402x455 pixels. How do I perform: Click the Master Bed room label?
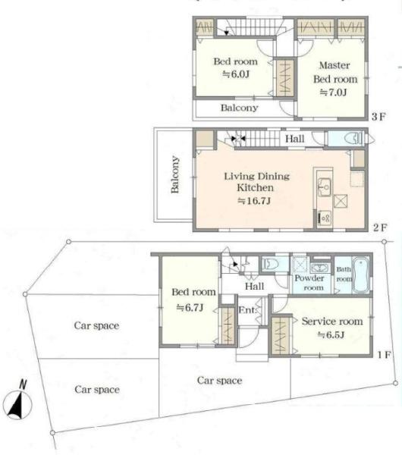click(x=335, y=72)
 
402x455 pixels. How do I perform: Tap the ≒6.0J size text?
click(x=236, y=74)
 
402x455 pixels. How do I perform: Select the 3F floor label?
click(x=378, y=117)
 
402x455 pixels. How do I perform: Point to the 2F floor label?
click(x=380, y=227)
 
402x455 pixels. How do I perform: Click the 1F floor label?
click(x=385, y=355)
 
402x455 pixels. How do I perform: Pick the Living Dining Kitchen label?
click(x=256, y=182)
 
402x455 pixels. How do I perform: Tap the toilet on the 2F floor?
click(x=353, y=138)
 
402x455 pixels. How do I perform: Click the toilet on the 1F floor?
click(x=270, y=264)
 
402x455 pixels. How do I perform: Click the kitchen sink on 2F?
click(x=324, y=187)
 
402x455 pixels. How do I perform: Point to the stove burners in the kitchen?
click(x=324, y=218)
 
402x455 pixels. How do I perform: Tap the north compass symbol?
click(x=17, y=403)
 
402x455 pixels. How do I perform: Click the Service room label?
click(x=332, y=322)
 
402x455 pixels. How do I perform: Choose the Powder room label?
click(x=309, y=283)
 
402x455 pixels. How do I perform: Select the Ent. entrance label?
click(x=247, y=310)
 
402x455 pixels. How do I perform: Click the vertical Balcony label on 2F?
click(x=174, y=174)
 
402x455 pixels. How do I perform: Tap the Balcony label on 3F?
click(x=239, y=108)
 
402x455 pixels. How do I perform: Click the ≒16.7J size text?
click(x=254, y=200)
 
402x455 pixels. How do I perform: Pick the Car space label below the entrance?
click(x=219, y=381)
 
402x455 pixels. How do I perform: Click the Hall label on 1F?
click(x=255, y=287)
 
